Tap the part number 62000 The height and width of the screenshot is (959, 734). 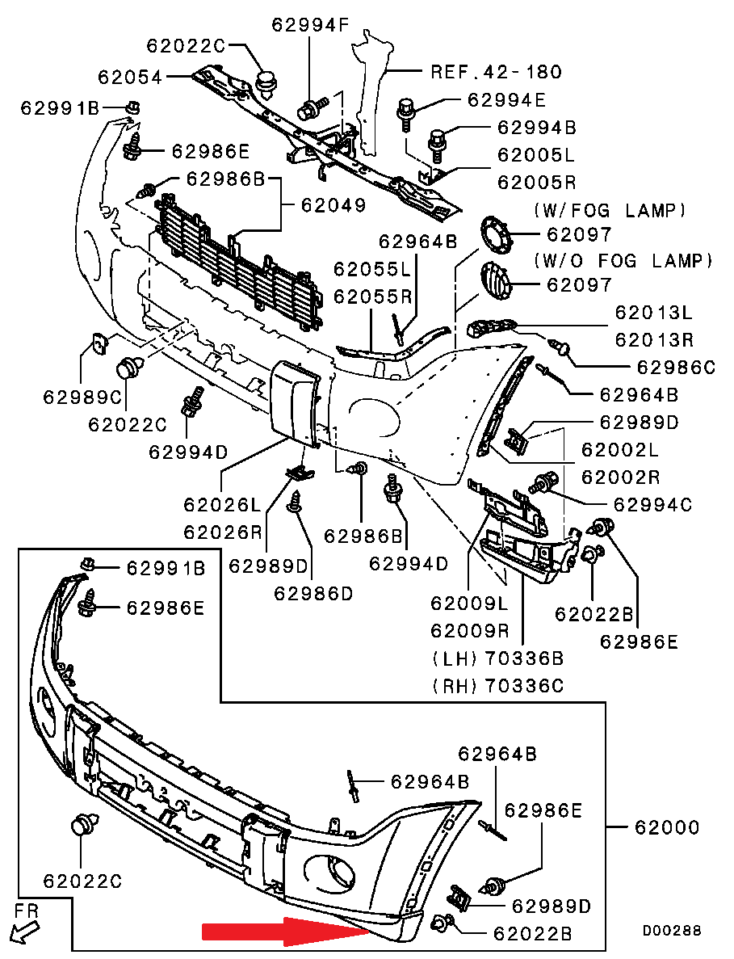(667, 828)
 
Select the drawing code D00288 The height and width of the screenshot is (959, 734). (672, 931)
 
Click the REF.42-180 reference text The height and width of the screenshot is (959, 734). (496, 72)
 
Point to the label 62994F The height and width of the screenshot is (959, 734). (310, 25)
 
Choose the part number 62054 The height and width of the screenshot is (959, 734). (130, 78)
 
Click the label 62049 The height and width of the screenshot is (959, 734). (333, 205)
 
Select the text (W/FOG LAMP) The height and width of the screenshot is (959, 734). (610, 211)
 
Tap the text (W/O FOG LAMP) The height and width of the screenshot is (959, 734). (623, 261)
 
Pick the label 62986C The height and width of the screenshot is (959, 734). (677, 368)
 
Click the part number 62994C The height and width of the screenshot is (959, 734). (653, 505)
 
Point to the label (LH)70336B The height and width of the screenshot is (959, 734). (497, 658)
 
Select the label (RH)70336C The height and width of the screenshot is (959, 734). (497, 687)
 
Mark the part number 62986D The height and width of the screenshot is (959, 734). (313, 594)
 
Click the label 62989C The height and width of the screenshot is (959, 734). (82, 397)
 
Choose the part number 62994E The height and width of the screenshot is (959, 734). (506, 100)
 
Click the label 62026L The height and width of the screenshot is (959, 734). (222, 506)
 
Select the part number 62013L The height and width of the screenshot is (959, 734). (654, 312)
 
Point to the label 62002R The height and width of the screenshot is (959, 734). (620, 476)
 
